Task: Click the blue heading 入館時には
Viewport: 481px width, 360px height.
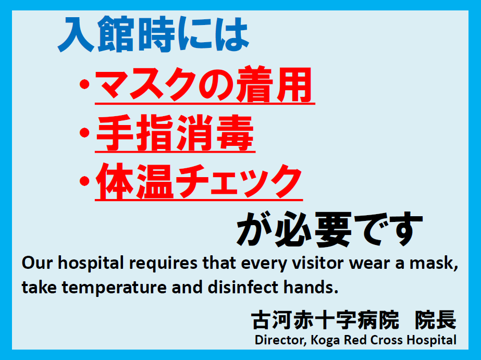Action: pos(153,34)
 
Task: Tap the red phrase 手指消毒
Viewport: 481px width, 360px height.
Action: pos(175,133)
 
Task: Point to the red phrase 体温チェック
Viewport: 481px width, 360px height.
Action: pos(199,181)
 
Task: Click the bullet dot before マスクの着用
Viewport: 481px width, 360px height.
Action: pos(84,84)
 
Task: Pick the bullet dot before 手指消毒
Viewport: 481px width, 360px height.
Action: pos(84,133)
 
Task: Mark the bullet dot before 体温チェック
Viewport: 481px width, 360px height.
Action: pos(84,181)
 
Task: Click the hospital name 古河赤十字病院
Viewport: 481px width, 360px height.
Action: pos(325,320)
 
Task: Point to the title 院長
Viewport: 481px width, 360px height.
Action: pos(436,320)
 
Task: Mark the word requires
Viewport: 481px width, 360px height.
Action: pos(163,264)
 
